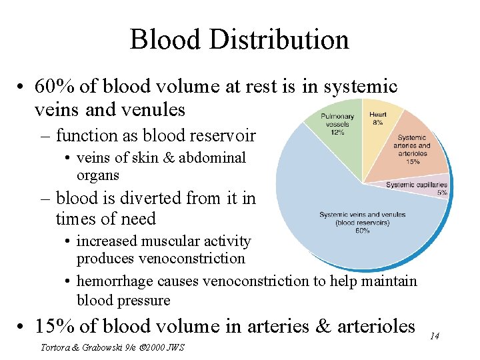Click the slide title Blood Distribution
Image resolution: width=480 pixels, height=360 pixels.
tap(239, 39)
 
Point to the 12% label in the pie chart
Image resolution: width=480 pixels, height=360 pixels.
tap(337, 132)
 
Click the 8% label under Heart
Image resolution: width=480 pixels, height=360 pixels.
tap(378, 123)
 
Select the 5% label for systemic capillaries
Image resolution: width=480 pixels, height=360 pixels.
tap(442, 193)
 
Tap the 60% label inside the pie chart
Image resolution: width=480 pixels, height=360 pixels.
tap(362, 231)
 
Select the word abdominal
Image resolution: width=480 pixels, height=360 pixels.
tap(213, 158)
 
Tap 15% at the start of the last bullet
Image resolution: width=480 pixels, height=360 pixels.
tap(53, 326)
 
